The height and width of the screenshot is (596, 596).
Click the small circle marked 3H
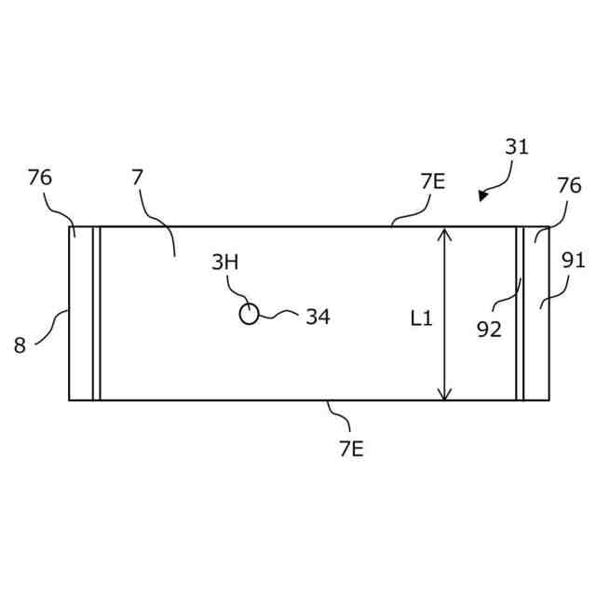coord(249,314)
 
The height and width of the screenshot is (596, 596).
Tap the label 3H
coord(224,263)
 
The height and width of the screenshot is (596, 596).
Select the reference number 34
coord(318,318)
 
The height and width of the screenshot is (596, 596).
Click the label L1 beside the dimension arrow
coord(422,318)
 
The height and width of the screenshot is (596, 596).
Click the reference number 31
coord(517,146)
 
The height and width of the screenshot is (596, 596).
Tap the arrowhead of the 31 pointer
coord(482,196)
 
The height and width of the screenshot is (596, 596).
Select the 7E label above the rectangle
coord(432,182)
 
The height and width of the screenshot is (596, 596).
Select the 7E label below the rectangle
coord(351,449)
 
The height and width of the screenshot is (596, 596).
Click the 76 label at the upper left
coord(40,177)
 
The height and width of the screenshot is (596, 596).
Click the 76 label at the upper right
coord(569,186)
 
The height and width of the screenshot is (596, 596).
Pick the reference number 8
coord(20,346)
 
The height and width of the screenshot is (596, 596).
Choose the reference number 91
coord(573,261)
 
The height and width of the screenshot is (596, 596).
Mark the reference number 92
coord(489,329)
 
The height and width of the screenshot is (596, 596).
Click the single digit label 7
coord(137,177)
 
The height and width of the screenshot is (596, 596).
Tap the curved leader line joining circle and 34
coord(277,318)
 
